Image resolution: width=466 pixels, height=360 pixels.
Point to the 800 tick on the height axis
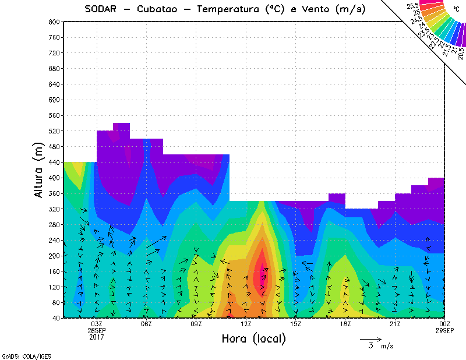click(55, 22)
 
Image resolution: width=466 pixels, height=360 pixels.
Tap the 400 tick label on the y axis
click(55, 178)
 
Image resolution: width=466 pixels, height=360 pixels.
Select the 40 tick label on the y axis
click(56, 319)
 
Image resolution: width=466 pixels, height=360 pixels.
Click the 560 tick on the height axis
click(55, 115)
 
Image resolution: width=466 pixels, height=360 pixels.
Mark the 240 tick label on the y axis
click(55, 240)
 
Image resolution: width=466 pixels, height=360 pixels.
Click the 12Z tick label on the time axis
click(246, 324)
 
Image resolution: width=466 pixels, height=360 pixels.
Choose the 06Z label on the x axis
click(146, 324)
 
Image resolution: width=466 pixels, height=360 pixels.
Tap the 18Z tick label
click(345, 324)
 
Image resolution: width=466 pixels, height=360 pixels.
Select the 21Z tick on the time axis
click(395, 324)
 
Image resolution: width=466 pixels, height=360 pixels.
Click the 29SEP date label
click(444, 330)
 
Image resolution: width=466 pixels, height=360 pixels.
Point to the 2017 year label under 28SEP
click(97, 337)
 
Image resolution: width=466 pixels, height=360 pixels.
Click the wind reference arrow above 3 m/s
click(370, 338)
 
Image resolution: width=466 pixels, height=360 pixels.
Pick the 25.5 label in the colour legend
click(414, 5)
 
